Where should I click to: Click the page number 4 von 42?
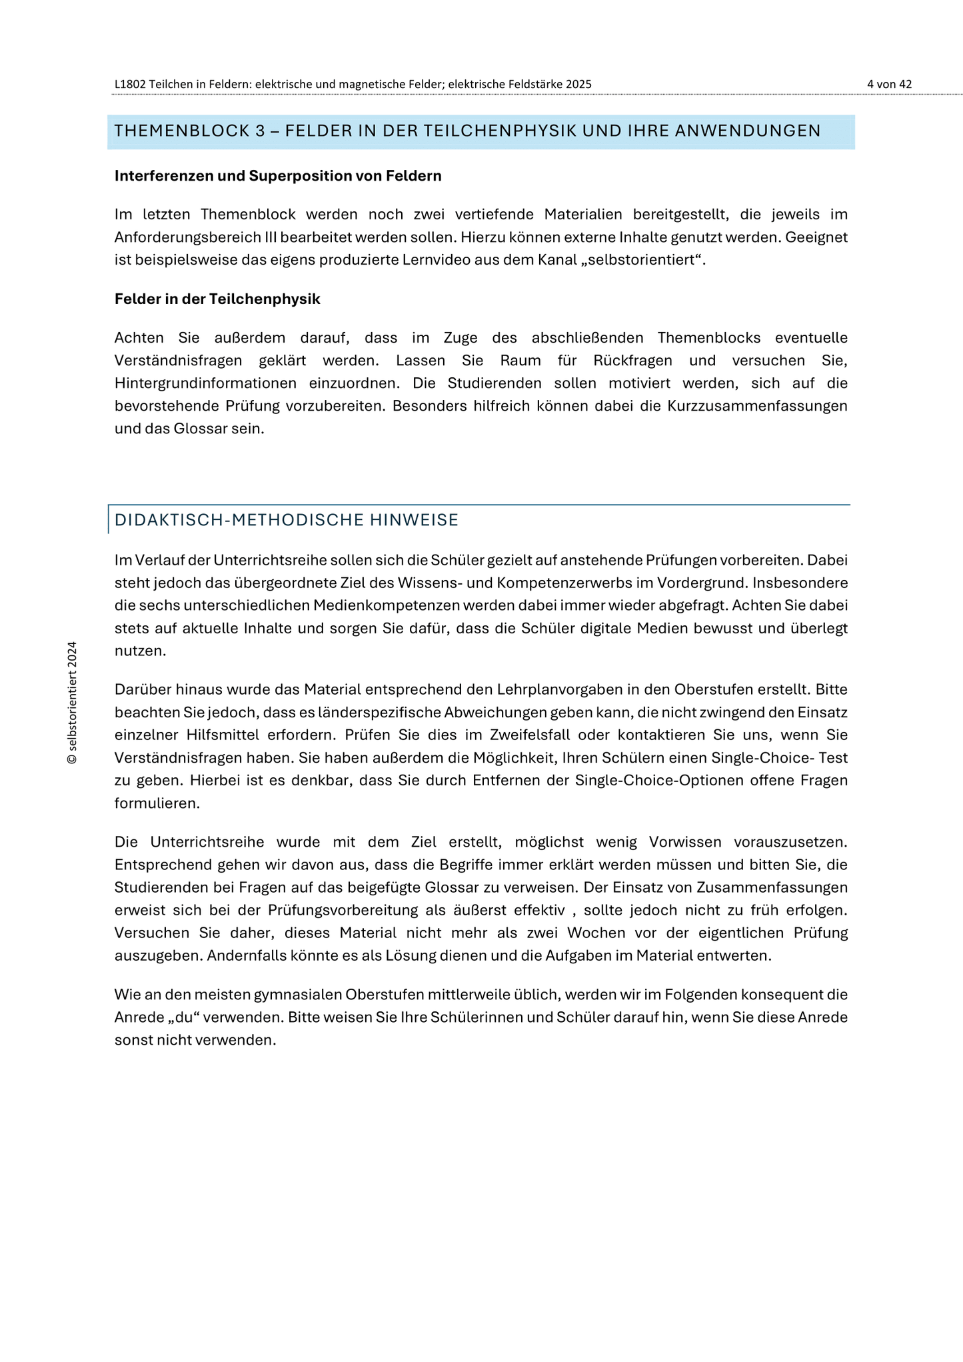889,84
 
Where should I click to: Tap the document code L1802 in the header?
130,84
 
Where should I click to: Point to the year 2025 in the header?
578,84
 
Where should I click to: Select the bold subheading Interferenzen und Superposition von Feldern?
278,176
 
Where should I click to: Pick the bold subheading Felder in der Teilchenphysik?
217,299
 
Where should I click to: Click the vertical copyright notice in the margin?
73,703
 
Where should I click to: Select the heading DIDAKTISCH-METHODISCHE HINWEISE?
287,520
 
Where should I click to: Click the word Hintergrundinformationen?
205,383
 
